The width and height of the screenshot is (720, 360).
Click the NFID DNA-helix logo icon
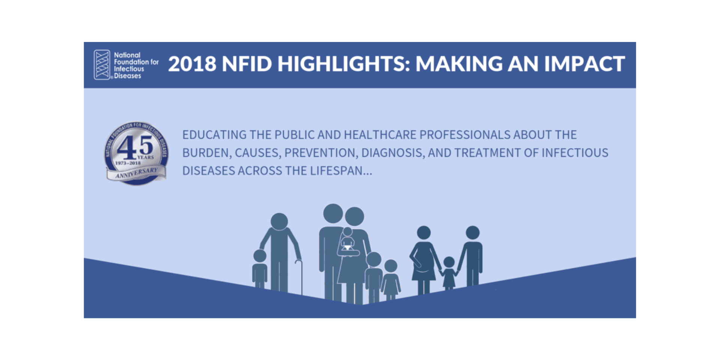[102, 65]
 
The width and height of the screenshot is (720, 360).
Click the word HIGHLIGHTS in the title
[342, 64]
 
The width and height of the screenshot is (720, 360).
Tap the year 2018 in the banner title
[192, 64]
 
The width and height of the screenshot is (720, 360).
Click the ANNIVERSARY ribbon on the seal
[136, 173]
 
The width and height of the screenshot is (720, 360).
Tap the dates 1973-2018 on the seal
[127, 163]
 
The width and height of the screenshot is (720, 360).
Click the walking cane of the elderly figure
[300, 276]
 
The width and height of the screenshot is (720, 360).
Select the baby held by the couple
[348, 242]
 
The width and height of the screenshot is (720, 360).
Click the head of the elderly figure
[279, 221]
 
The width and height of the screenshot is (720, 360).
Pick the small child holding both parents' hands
[449, 272]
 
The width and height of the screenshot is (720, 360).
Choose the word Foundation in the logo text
[130, 62]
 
